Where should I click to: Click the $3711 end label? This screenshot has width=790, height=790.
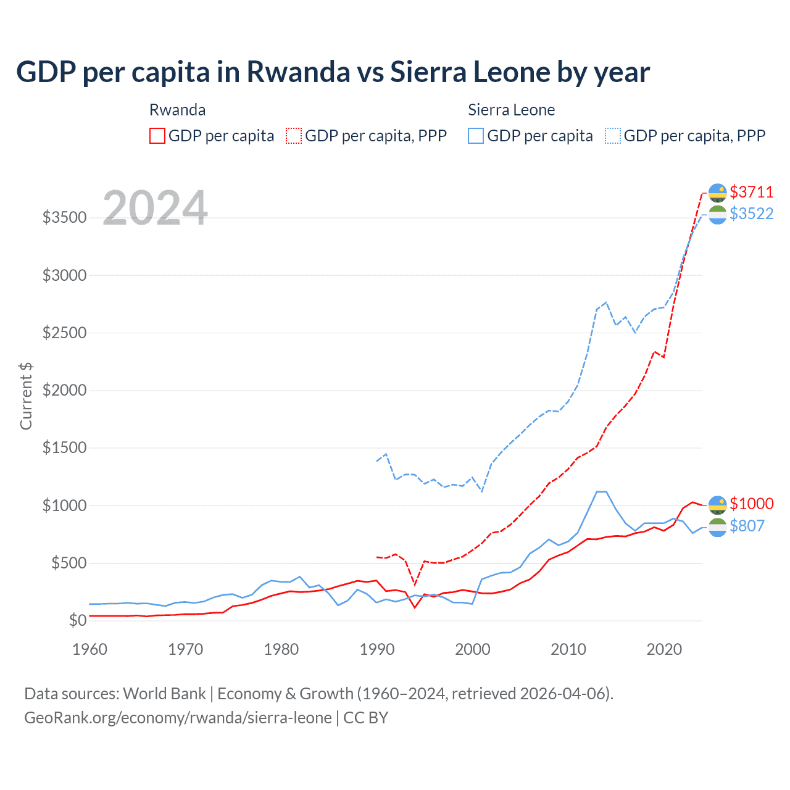(x=751, y=192)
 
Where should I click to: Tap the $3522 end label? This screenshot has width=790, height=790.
(x=751, y=214)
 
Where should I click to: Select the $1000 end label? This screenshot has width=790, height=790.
(x=751, y=504)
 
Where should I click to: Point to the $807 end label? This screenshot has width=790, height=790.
(x=747, y=526)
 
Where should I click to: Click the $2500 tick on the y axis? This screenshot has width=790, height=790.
(x=64, y=333)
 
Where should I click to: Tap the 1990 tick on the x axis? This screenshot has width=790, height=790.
(x=376, y=649)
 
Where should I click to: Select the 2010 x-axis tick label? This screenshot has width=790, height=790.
(x=568, y=649)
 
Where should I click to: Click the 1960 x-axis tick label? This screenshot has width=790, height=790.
(x=90, y=649)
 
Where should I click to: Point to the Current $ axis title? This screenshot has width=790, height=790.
(x=26, y=396)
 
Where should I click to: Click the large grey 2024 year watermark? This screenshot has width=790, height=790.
(x=155, y=208)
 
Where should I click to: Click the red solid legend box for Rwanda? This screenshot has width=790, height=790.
(x=157, y=136)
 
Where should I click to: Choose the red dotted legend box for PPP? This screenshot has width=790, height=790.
(x=294, y=136)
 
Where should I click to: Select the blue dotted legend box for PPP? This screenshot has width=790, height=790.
(x=612, y=136)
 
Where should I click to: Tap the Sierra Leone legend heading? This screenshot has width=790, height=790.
(x=511, y=110)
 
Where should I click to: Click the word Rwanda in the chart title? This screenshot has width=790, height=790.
(x=298, y=72)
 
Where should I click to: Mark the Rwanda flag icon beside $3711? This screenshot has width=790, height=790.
(x=717, y=193)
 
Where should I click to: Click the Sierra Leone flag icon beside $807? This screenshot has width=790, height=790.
(x=717, y=527)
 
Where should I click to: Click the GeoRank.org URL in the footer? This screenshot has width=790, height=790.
(x=178, y=718)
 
